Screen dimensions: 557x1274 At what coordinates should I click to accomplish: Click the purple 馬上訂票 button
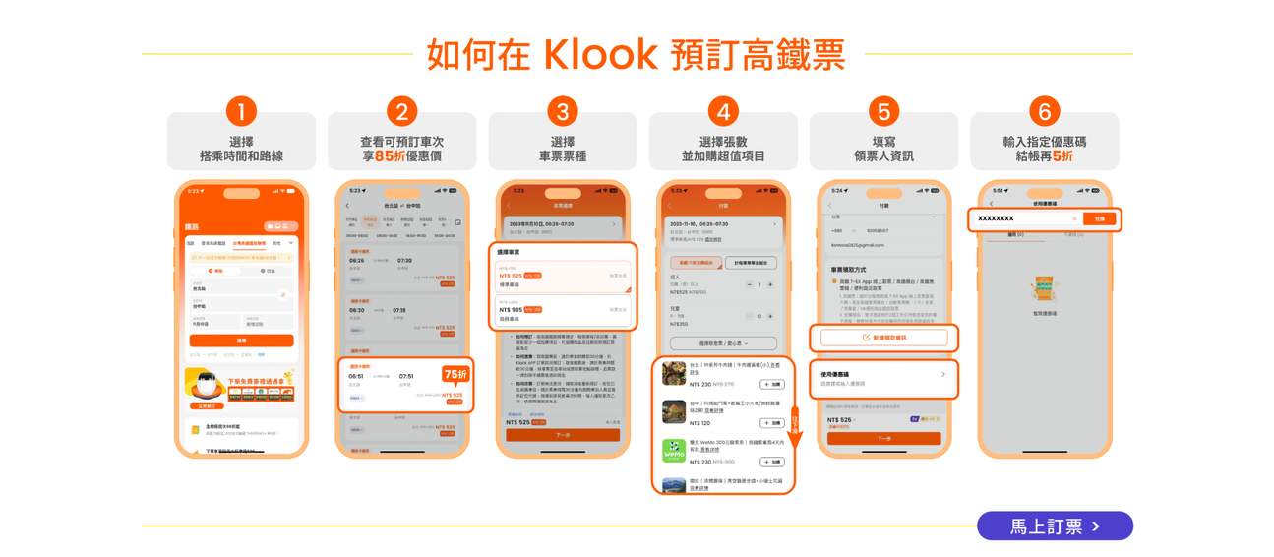pos(1055,526)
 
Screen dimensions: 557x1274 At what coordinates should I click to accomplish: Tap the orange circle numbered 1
pos(241,110)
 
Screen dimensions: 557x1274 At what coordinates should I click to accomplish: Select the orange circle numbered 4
pos(723,110)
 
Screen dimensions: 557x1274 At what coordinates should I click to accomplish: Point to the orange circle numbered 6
pos(1044,110)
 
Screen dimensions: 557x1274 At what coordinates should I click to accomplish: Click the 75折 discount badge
pos(455,375)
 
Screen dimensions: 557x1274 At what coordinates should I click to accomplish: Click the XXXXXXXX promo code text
pos(996,218)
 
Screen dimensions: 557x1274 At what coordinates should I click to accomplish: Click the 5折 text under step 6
pos(1062,155)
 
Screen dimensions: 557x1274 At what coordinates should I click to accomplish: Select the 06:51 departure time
pos(355,375)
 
